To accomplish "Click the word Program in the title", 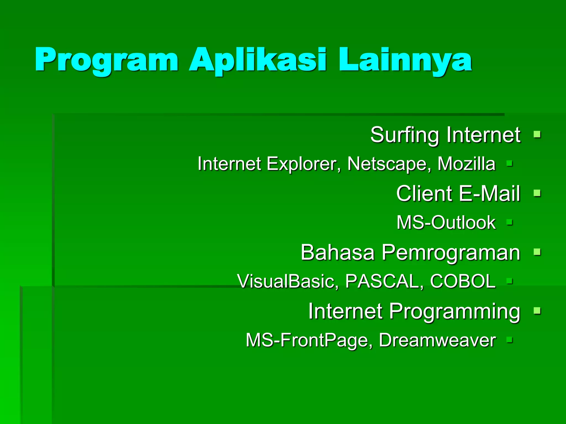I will (x=106, y=60).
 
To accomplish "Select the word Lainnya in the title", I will (x=405, y=60).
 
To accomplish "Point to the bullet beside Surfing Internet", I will (x=537, y=135).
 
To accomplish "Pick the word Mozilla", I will (x=467, y=164).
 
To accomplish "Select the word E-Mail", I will (x=489, y=194).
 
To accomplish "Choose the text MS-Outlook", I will (x=446, y=222).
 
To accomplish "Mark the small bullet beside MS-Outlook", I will (x=510, y=222).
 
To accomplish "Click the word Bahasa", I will (x=337, y=252).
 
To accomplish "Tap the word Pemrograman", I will (x=451, y=253).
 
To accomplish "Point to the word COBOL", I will (x=463, y=281).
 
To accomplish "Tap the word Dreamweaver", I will (x=437, y=340).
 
